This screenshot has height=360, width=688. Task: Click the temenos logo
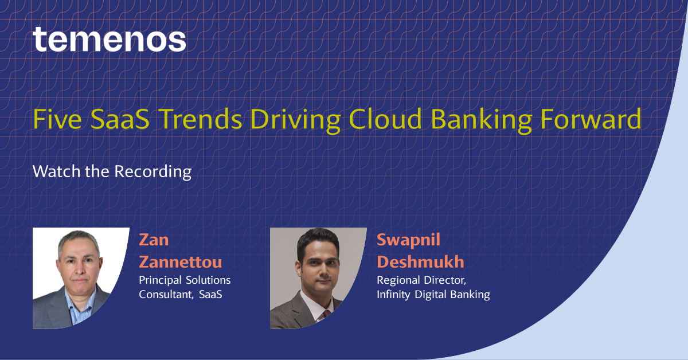point(109,40)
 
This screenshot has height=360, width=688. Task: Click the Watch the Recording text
point(112,171)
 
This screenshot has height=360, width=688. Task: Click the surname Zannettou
point(180,262)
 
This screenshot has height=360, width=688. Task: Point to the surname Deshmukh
point(420,262)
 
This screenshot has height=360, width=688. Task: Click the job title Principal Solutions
point(185,280)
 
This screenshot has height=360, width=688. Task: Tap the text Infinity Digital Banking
point(433,295)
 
